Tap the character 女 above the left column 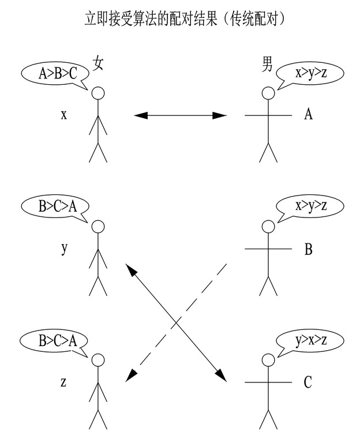click(x=98, y=65)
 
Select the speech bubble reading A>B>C click(x=57, y=73)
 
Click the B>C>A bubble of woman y click(x=57, y=206)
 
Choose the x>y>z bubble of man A click(x=310, y=73)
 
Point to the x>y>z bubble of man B click(x=310, y=206)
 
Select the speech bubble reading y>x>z click(x=310, y=341)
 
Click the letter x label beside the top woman click(x=64, y=114)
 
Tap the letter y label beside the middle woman click(x=64, y=249)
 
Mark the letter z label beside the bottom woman click(x=64, y=381)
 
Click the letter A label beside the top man click(x=309, y=114)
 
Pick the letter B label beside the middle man click(x=309, y=249)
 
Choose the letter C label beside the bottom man click(x=308, y=382)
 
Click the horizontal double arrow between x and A click(x=181, y=115)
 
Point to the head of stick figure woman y click(x=99, y=227)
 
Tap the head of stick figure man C click(x=267, y=360)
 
